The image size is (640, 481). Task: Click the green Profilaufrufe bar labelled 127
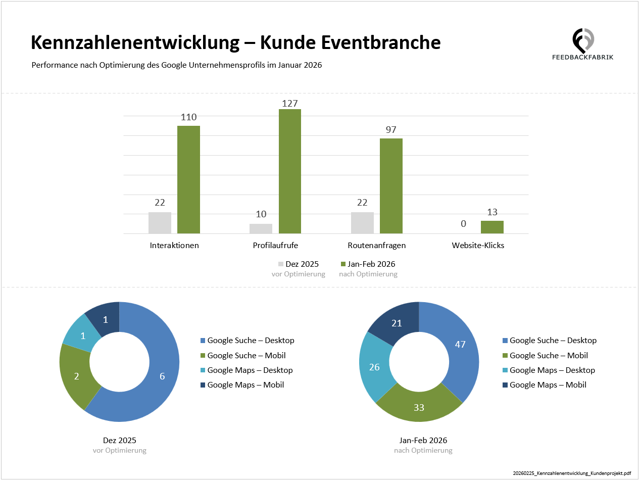289,171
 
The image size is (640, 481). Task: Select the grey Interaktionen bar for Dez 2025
160,223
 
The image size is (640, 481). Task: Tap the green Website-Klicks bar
492,227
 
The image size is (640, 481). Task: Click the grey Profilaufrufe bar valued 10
261,228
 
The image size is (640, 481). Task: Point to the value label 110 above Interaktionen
188,117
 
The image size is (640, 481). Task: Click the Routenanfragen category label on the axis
377,246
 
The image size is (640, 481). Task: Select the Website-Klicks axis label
478,246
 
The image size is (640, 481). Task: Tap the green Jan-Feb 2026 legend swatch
343,264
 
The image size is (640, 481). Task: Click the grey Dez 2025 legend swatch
281,264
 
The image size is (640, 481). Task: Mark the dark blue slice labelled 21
397,323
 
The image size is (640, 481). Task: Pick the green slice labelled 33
419,407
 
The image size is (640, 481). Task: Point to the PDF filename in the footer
571,473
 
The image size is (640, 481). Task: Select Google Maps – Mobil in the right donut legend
548,385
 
